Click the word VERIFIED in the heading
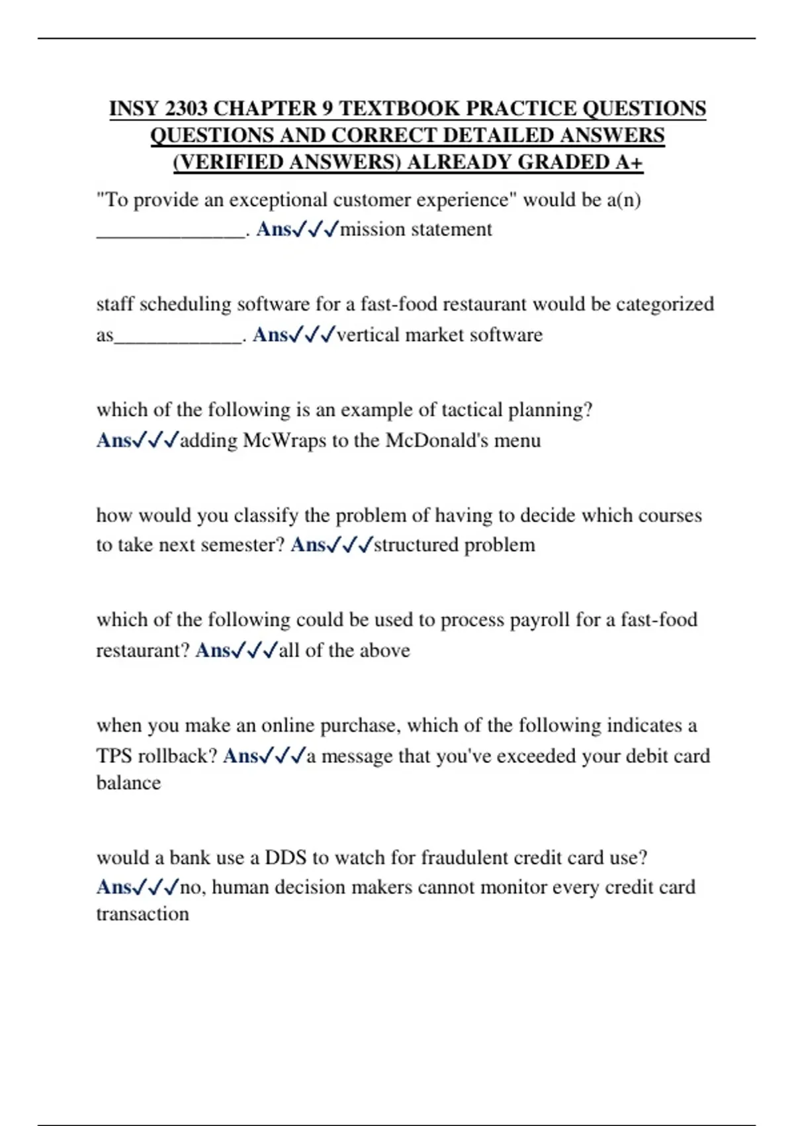(x=228, y=162)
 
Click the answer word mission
(x=373, y=229)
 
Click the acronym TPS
(x=114, y=756)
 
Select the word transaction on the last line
(x=142, y=914)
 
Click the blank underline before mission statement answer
(x=170, y=233)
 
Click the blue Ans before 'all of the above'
(x=212, y=650)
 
